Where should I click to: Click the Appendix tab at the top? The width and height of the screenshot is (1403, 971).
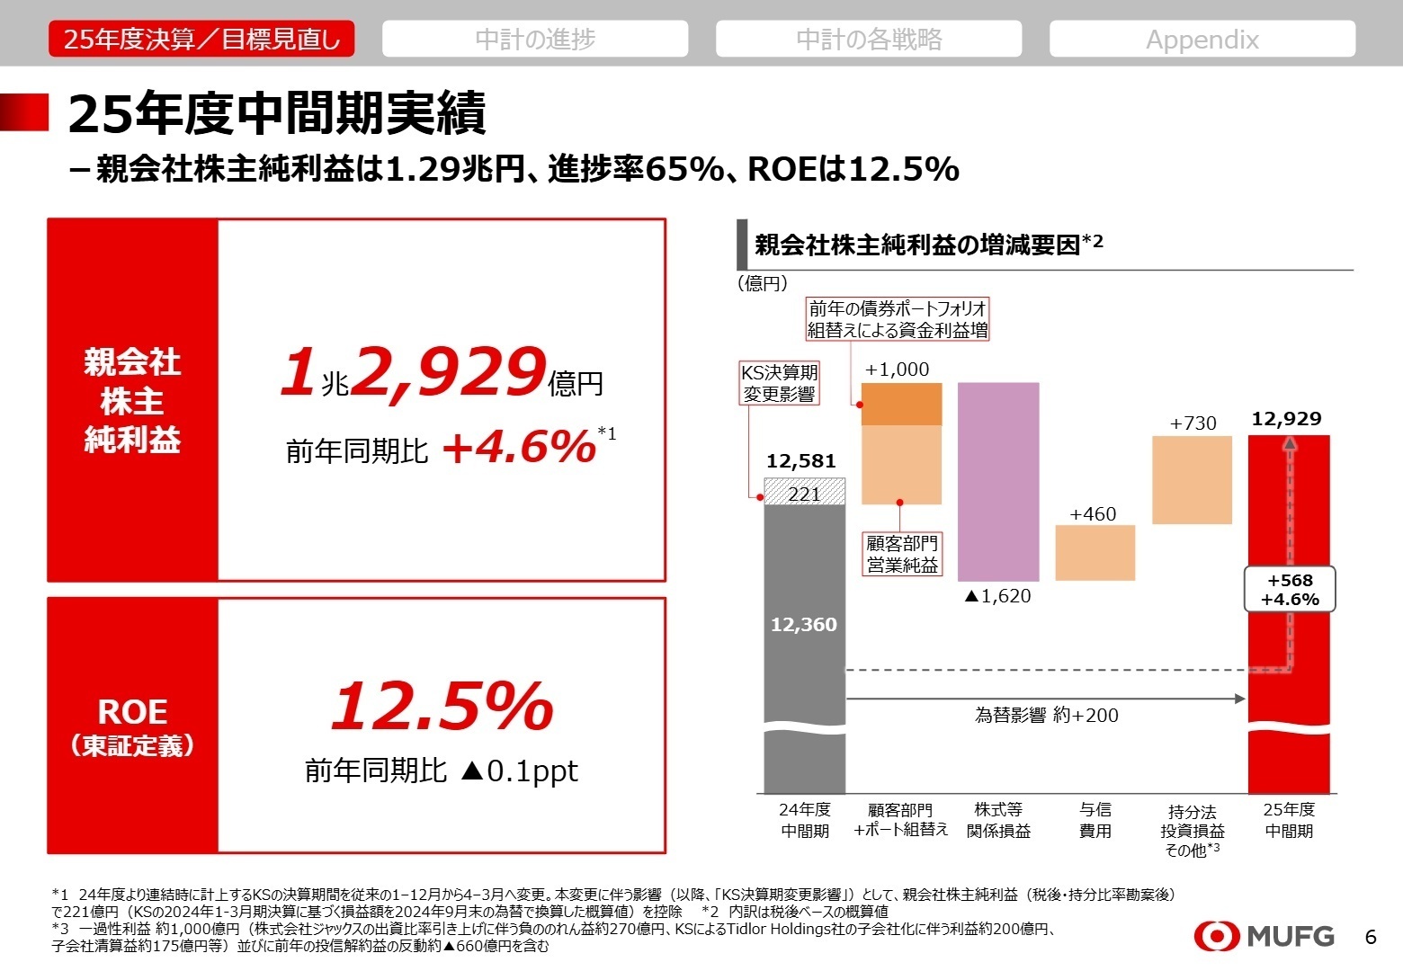tap(1202, 39)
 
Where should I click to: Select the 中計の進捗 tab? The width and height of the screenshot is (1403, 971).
tap(535, 39)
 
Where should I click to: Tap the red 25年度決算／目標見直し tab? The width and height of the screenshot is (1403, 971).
tap(201, 39)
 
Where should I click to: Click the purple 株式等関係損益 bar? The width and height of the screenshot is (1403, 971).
tap(997, 481)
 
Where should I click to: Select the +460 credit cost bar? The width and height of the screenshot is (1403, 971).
tap(1095, 553)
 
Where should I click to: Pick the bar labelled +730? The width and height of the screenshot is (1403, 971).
tap(1192, 479)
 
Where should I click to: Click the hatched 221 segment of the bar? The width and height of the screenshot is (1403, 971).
tap(804, 493)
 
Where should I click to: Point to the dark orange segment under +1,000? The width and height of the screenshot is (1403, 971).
tap(901, 404)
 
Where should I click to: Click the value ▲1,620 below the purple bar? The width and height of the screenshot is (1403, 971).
tap(997, 596)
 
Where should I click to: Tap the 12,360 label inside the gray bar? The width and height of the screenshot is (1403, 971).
tap(804, 624)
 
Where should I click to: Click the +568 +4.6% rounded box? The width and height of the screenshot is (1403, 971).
tap(1290, 590)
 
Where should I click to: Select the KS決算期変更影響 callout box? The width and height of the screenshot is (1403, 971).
tap(779, 383)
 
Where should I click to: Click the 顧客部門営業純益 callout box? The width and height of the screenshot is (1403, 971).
tap(902, 554)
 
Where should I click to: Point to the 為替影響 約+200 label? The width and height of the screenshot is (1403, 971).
tap(1047, 716)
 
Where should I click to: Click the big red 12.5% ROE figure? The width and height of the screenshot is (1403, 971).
tap(442, 707)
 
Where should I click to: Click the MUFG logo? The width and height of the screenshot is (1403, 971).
tap(1264, 936)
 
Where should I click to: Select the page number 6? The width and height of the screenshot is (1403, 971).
tap(1371, 937)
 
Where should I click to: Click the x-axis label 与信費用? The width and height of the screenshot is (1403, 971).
tap(1095, 820)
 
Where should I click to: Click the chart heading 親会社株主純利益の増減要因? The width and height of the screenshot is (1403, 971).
tap(917, 245)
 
